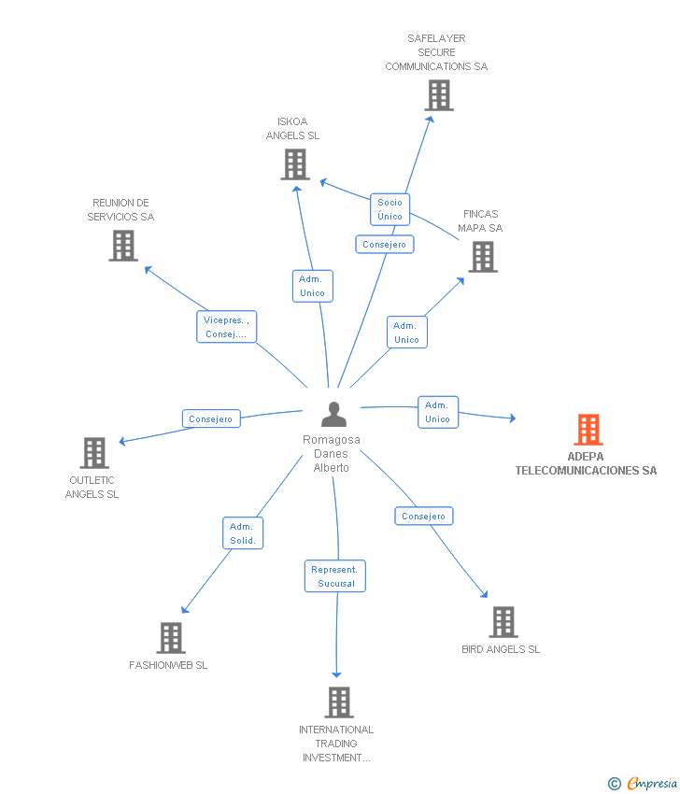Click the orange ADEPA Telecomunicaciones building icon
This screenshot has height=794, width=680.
pos(588,430)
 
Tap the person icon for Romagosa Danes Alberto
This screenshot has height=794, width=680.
pos(333,414)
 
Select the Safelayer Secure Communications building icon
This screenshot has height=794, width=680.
pos(438,95)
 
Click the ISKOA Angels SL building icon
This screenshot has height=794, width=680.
pos(295,164)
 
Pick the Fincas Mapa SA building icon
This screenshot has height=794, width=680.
pos(482,257)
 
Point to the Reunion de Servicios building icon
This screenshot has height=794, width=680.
pos(122,246)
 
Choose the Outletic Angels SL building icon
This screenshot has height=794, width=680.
pos(93,453)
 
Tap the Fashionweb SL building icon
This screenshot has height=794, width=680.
pos(170,638)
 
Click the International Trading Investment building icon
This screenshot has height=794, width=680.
pos(338,702)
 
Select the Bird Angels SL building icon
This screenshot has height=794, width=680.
pos(503,622)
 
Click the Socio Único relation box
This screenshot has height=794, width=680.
pos(390,209)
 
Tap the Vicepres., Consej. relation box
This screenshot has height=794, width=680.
pos(226,327)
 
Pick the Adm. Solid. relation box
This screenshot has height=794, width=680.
pos(243,533)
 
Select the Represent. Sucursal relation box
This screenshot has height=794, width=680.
pos(335,576)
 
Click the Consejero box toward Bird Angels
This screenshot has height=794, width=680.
pos(424,517)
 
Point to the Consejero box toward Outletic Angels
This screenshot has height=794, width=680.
pos(211,419)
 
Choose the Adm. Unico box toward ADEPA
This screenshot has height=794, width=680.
pos(437,412)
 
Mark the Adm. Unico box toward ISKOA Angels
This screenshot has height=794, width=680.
pos(312,286)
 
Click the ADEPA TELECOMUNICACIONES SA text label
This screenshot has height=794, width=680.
pos(586,464)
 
